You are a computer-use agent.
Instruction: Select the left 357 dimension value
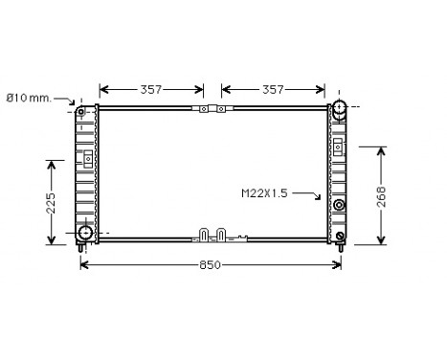tap(149, 89)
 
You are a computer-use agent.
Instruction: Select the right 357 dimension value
tap(273, 89)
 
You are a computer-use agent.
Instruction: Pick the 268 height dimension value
tap(381, 196)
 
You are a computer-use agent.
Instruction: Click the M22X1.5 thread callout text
tap(265, 193)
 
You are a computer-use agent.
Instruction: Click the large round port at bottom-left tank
tap(85, 232)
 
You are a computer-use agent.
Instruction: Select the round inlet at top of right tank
tap(338, 110)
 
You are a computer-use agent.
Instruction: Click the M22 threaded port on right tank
tap(339, 205)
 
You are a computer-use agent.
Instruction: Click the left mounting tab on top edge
tap(203, 109)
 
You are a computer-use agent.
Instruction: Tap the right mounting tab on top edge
tap(220, 109)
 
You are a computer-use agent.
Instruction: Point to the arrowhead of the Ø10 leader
tap(77, 102)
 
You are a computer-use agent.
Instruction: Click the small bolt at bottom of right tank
tap(339, 236)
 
